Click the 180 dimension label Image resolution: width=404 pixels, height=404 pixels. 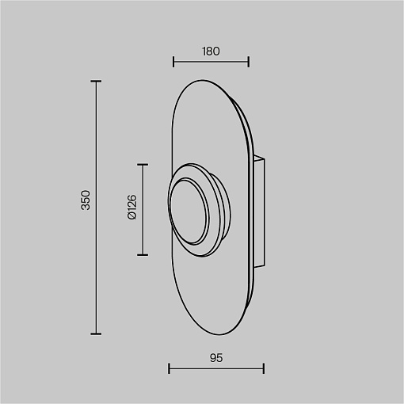click(x=211, y=51)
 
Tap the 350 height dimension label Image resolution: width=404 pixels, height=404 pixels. click(x=86, y=200)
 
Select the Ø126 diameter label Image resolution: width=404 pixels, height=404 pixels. click(x=132, y=207)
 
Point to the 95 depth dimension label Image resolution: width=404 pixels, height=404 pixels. click(x=216, y=358)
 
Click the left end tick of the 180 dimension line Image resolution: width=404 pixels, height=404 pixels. click(x=173, y=62)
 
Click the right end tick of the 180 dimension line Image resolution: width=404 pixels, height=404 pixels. click(x=249, y=62)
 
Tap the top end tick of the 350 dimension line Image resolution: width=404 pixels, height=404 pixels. click(x=96, y=82)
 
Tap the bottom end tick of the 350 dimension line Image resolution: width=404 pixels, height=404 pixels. click(x=96, y=333)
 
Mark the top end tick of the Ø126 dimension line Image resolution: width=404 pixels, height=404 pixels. click(x=143, y=165)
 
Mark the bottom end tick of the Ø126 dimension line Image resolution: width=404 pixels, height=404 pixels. click(x=143, y=255)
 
